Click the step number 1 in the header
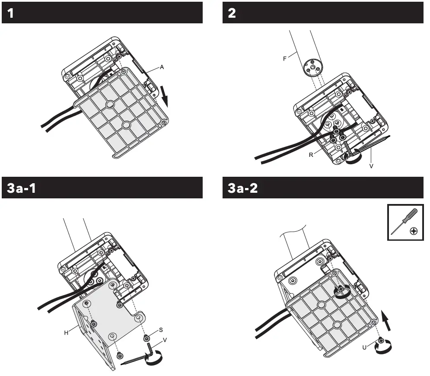(x=11, y=13)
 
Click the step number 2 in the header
(x=232, y=13)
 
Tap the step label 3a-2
(x=243, y=188)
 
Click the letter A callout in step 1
(x=162, y=67)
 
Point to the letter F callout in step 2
(x=285, y=59)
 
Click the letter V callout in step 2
(x=371, y=165)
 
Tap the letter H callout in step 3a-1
(x=67, y=332)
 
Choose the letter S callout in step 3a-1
(x=161, y=330)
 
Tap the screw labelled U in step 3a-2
(x=380, y=341)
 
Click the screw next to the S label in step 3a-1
(x=147, y=338)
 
